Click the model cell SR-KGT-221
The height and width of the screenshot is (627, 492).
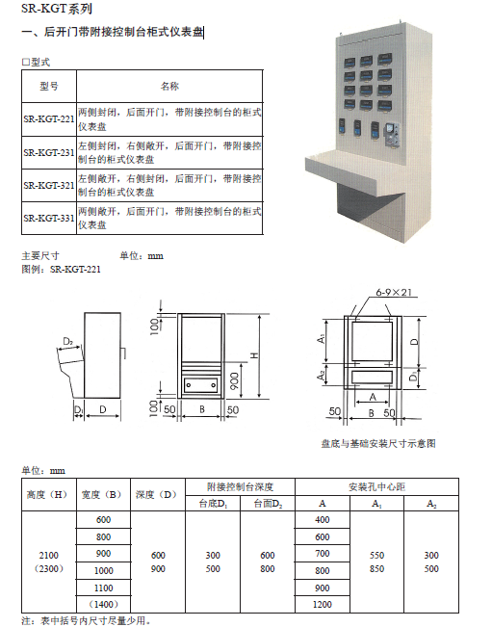pyautogui.click(x=49, y=119)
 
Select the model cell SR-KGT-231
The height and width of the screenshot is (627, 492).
pyautogui.click(x=49, y=152)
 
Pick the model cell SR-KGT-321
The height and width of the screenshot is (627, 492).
pyautogui.click(x=49, y=185)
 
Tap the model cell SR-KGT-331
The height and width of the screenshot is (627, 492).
pyautogui.click(x=49, y=218)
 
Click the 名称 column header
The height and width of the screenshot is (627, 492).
pyautogui.click(x=169, y=86)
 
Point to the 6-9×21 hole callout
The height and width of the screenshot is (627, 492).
pyautogui.click(x=393, y=292)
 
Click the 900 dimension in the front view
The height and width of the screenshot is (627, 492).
pyautogui.click(x=235, y=380)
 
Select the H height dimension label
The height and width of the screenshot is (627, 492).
pyautogui.click(x=254, y=355)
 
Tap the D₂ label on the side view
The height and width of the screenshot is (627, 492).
pyautogui.click(x=68, y=341)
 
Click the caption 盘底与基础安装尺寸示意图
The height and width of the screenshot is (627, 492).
pyautogui.click(x=378, y=443)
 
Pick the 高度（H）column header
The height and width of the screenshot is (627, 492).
pyautogui.click(x=49, y=495)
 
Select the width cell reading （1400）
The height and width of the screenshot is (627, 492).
pyautogui.click(x=104, y=604)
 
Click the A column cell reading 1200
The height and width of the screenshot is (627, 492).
pyautogui.click(x=323, y=604)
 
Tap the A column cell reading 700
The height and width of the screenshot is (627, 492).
pyautogui.click(x=323, y=554)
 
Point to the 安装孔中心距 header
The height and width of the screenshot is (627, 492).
pyautogui.click(x=376, y=486)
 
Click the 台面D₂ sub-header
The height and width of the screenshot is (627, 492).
pyautogui.click(x=268, y=504)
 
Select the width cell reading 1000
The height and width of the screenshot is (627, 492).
pyautogui.click(x=104, y=570)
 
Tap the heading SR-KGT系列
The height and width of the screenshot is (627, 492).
pyautogui.click(x=57, y=9)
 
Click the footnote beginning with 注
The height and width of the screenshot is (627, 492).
pyautogui.click(x=87, y=620)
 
